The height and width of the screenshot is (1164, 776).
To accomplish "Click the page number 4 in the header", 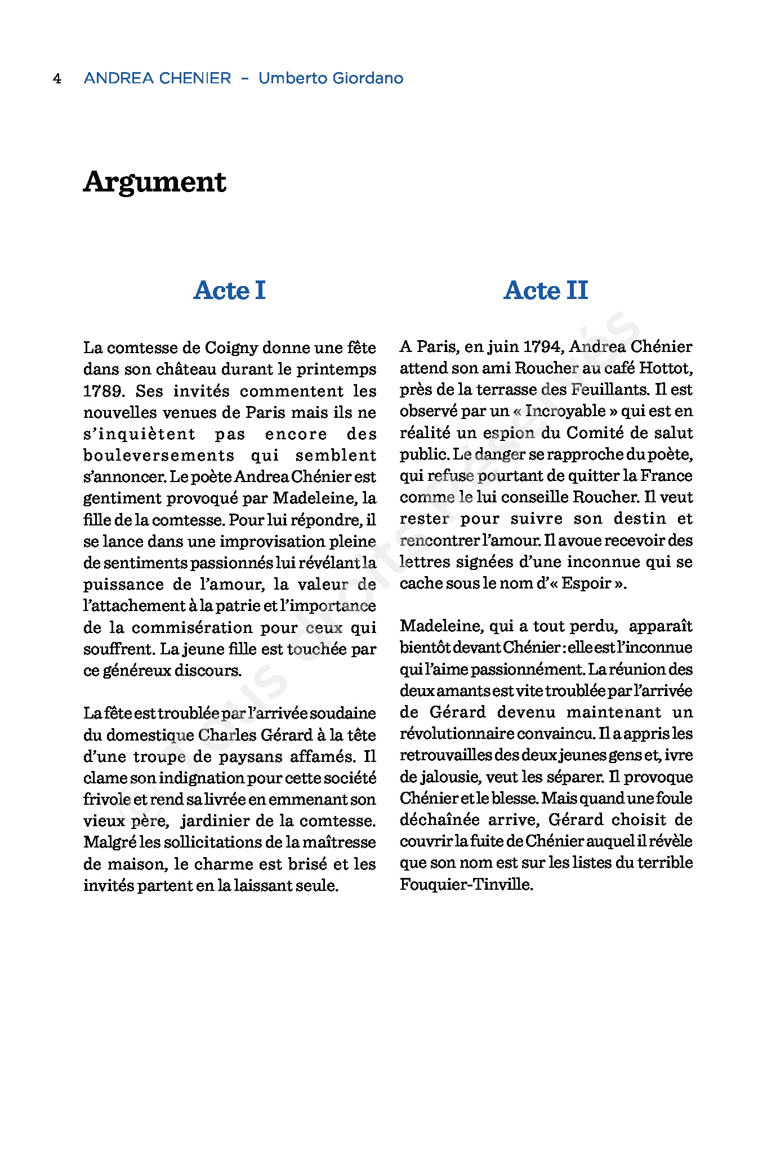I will tap(57, 78).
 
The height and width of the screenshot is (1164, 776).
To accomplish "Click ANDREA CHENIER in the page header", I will tap(157, 78).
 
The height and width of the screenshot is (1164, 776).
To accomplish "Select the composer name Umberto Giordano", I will tap(331, 78).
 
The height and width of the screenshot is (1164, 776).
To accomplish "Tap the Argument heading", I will tap(155, 182).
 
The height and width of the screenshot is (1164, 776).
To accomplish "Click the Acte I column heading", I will tap(229, 291).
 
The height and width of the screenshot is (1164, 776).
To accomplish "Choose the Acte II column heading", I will tap(546, 291).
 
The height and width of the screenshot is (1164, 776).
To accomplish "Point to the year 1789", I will tap(103, 391).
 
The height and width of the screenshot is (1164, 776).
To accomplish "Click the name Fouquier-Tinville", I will tap(466, 884).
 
